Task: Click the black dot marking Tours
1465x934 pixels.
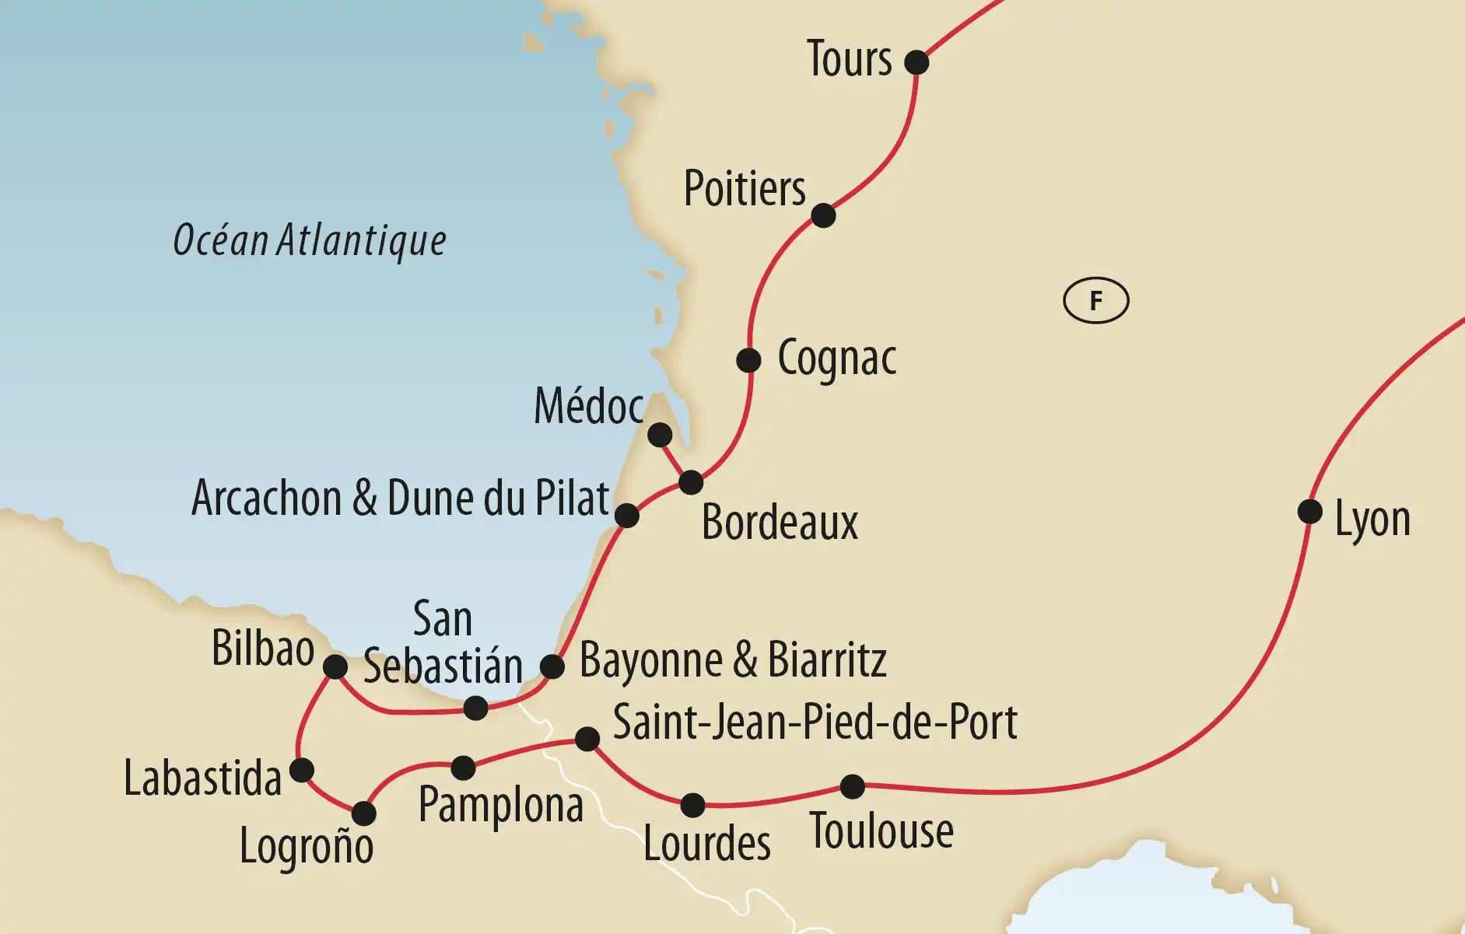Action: point(917,61)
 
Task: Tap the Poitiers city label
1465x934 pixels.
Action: point(745,189)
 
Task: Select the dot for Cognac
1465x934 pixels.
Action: point(748,360)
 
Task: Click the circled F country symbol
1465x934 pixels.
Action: point(1095,300)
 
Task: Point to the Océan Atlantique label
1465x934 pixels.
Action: point(310,240)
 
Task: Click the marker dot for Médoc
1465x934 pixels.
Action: point(660,435)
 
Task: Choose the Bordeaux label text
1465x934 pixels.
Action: point(780,523)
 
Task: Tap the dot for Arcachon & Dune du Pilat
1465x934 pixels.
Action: point(627,515)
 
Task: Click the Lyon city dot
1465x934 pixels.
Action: point(1310,512)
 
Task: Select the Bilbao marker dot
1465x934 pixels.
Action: point(335,666)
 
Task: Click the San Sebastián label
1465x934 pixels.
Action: point(443,644)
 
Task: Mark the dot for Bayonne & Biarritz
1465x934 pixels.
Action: point(552,666)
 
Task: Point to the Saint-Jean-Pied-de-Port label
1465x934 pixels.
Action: point(815,722)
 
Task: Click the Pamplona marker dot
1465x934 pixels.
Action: point(463,768)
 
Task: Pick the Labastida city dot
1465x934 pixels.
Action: point(302,770)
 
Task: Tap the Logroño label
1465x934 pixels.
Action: point(307,846)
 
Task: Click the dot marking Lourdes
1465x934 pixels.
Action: point(692,805)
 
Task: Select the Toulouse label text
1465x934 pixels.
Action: point(881,831)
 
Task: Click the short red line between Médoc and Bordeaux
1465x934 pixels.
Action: point(675,458)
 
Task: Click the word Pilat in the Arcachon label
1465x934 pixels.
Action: point(572,498)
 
